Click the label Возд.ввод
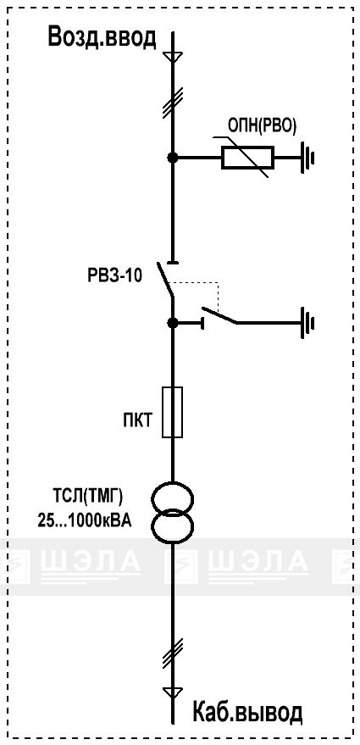[102, 37]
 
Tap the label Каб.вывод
[247, 712]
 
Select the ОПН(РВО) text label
[262, 127]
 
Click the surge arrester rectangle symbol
[247, 158]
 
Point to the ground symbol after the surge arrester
[307, 158]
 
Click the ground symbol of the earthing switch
[307, 323]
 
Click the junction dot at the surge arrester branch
[173, 158]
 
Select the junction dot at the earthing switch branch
[173, 323]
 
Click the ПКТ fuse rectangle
[173, 412]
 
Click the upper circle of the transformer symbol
[173, 500]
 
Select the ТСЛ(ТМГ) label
[87, 498]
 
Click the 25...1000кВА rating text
[85, 522]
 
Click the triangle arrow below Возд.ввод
[173, 56]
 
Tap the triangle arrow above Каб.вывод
[173, 692]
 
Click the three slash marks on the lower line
[173, 653]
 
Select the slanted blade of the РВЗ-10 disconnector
[166, 281]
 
